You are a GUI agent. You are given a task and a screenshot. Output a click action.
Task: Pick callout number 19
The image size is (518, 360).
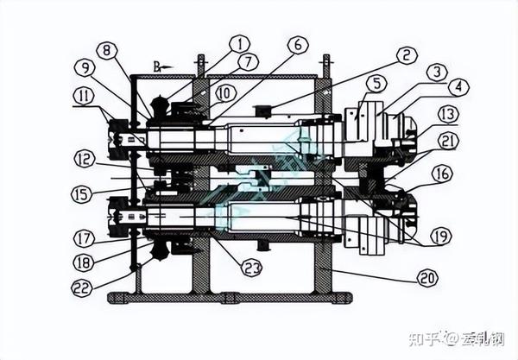click(x=441, y=234)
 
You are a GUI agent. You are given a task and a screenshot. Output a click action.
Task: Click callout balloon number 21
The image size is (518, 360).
click(x=447, y=140)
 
